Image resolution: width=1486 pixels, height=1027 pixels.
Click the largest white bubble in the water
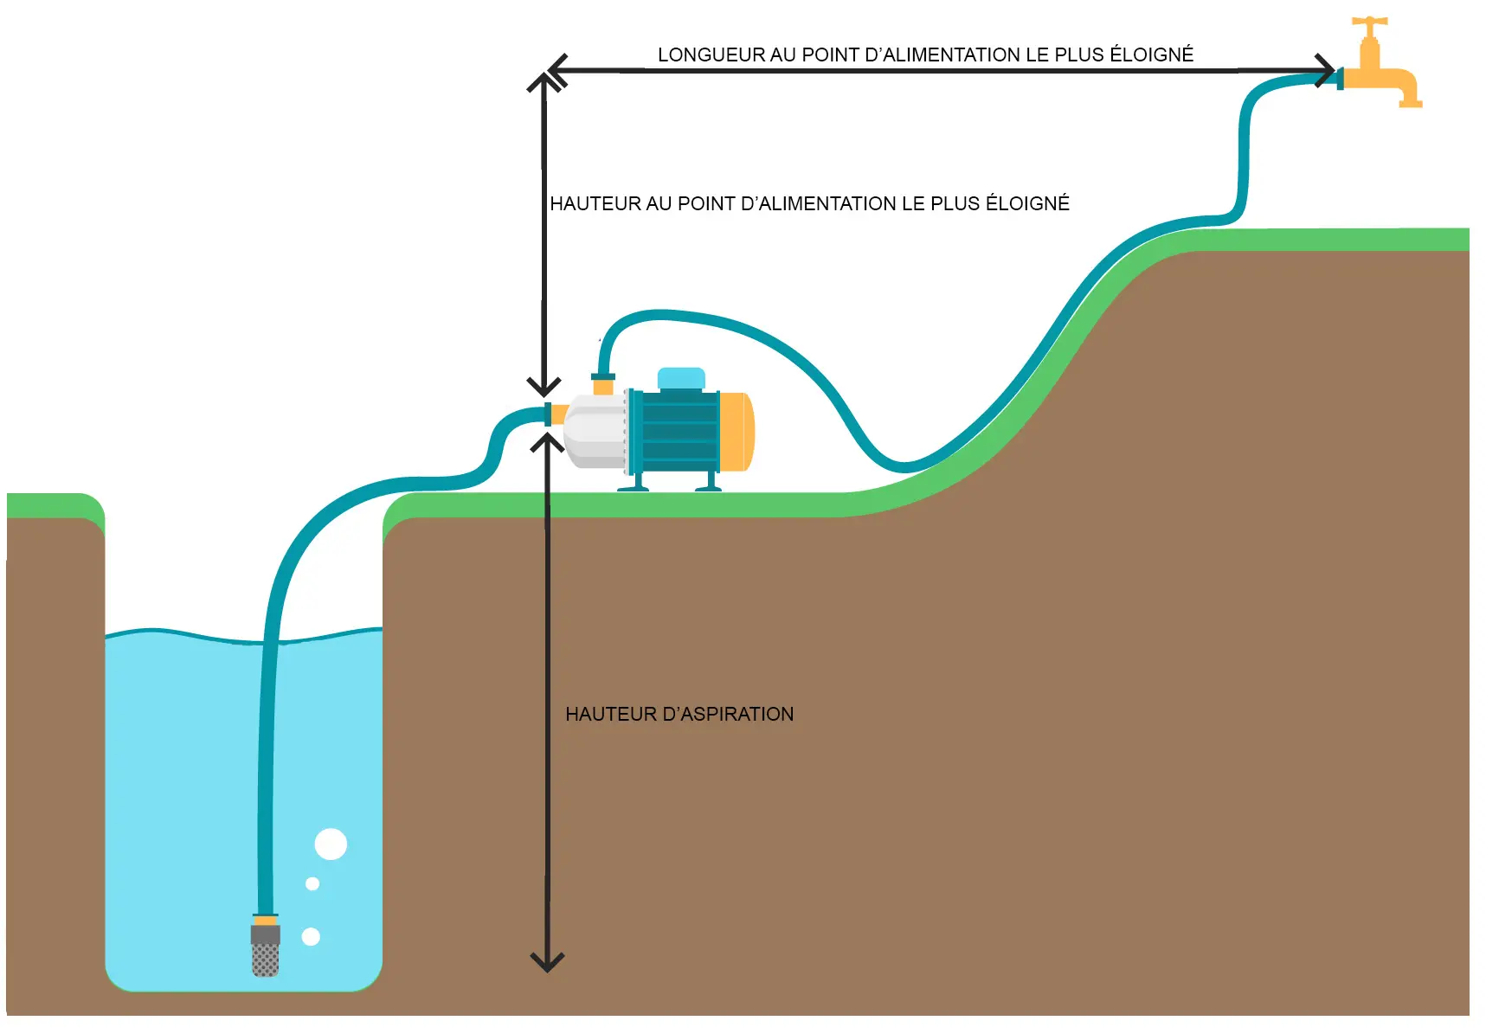(331, 844)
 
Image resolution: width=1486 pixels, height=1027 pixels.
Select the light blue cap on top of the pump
(681, 378)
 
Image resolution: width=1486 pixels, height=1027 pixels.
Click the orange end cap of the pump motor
(736, 432)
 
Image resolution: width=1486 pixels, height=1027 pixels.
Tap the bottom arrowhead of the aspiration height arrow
(547, 962)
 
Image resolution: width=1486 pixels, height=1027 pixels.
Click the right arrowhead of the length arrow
(1325, 70)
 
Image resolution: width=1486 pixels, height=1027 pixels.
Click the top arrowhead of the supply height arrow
(544, 82)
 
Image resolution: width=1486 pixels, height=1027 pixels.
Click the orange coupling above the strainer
(266, 920)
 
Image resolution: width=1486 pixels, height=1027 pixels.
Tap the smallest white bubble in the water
(312, 883)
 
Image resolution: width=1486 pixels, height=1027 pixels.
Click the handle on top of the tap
(1370, 22)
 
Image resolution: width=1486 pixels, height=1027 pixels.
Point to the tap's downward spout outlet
(1411, 103)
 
